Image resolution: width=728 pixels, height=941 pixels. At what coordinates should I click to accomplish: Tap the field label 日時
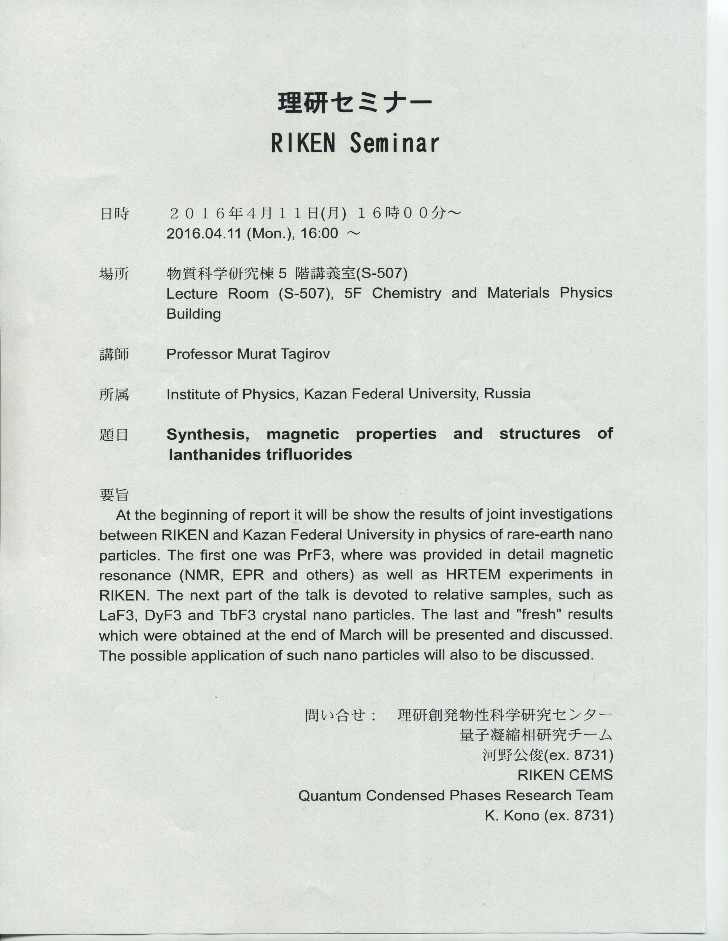114,214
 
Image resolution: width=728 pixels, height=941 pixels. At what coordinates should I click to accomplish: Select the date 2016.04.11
204,234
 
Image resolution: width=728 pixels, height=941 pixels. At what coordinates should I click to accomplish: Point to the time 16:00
319,234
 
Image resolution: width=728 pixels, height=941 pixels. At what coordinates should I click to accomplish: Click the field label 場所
114,273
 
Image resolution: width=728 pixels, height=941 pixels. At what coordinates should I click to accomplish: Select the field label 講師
114,355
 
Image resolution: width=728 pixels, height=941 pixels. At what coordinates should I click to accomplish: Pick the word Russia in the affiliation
507,394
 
